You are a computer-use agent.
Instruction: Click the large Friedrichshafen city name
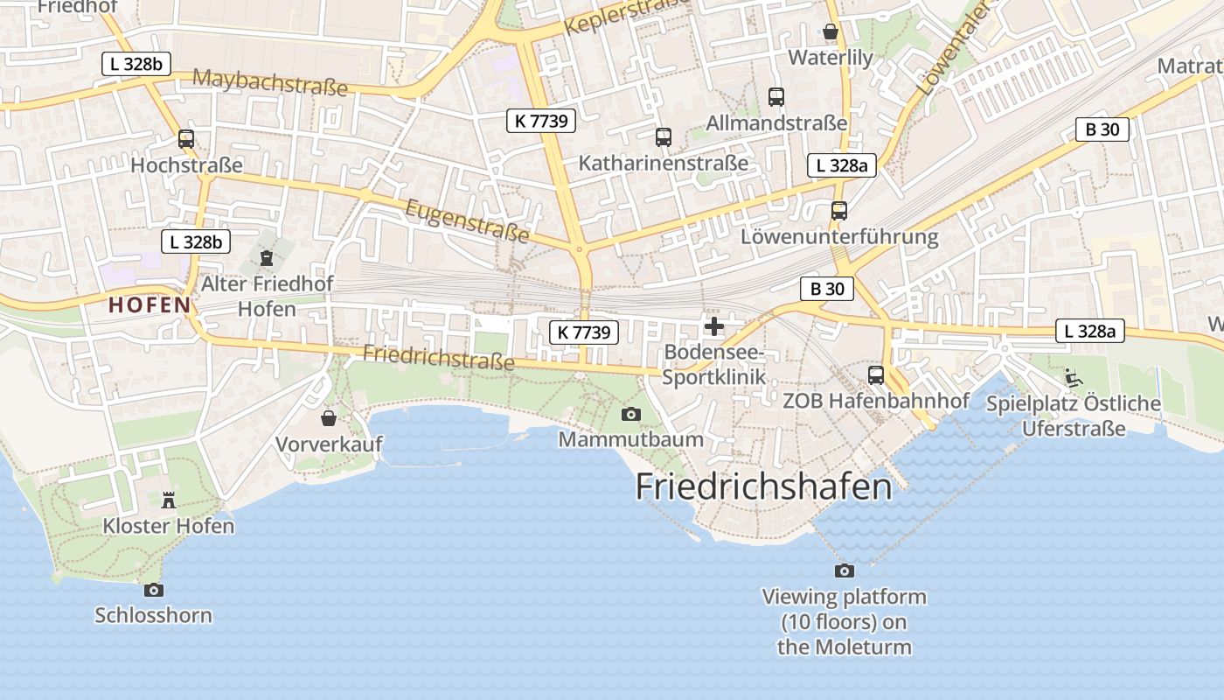[x=763, y=486]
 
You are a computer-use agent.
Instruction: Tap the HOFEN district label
[x=150, y=305]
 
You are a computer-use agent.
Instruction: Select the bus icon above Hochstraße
[x=186, y=138]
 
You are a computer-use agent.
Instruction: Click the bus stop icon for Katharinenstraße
[x=664, y=136]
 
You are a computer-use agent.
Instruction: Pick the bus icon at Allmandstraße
[x=776, y=97]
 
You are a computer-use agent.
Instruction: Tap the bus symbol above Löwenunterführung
[x=839, y=210]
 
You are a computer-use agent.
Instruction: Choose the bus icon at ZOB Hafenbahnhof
[x=876, y=375]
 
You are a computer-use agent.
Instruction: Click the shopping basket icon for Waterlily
[x=831, y=32]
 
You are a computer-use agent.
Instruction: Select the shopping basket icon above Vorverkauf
[x=329, y=418]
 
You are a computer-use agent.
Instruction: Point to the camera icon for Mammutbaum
[x=630, y=414]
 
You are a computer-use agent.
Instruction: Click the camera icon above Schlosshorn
[x=153, y=590]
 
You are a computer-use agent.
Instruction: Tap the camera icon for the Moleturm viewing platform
[x=845, y=570]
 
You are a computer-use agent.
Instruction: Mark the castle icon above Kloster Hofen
[x=169, y=500]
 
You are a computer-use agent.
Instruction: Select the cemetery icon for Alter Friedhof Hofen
[x=267, y=258]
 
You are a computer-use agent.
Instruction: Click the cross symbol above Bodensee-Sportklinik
[x=714, y=327]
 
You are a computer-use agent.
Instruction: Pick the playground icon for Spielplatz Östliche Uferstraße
[x=1074, y=378]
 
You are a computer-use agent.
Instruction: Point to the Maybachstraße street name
[x=269, y=82]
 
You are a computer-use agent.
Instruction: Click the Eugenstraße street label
[x=468, y=220]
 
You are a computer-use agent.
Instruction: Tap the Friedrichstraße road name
[x=438, y=357]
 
